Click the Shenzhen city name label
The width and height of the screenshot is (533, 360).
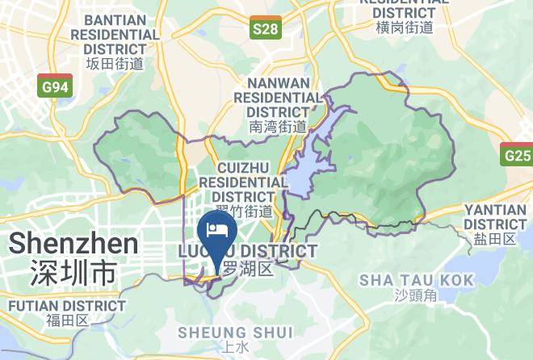(73, 243)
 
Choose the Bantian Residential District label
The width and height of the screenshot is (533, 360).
(115, 34)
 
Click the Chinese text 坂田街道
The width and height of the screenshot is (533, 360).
(115, 63)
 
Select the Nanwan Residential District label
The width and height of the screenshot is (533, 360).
(278, 97)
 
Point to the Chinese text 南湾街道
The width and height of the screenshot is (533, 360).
(278, 126)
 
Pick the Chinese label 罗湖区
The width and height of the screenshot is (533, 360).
(249, 269)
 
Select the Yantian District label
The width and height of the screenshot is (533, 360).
(495, 216)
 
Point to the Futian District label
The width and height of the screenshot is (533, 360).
(66, 307)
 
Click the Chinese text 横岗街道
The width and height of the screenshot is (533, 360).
(405, 27)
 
